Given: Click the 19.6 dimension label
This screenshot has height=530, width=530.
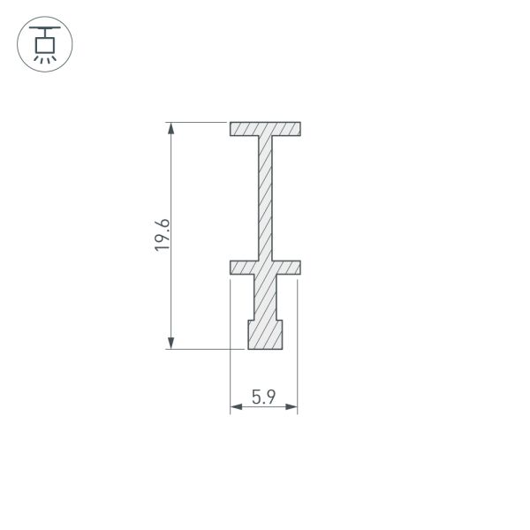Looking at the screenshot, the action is (162, 235).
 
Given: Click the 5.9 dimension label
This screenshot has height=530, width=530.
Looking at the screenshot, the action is (263, 397).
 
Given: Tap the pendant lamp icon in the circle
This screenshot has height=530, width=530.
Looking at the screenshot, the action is (45, 45).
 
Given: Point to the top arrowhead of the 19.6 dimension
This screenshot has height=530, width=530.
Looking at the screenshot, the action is (171, 128).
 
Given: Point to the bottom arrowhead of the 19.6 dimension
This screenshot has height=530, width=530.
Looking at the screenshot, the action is (171, 343).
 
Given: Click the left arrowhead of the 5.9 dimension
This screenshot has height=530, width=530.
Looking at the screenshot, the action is (236, 406).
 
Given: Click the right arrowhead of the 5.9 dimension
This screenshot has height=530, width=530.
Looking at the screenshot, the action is (291, 406).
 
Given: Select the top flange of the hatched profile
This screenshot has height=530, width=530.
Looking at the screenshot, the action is (265, 129).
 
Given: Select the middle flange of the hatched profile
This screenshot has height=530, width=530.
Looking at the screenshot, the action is (265, 268).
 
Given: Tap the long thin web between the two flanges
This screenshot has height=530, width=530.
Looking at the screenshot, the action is (265, 198).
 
